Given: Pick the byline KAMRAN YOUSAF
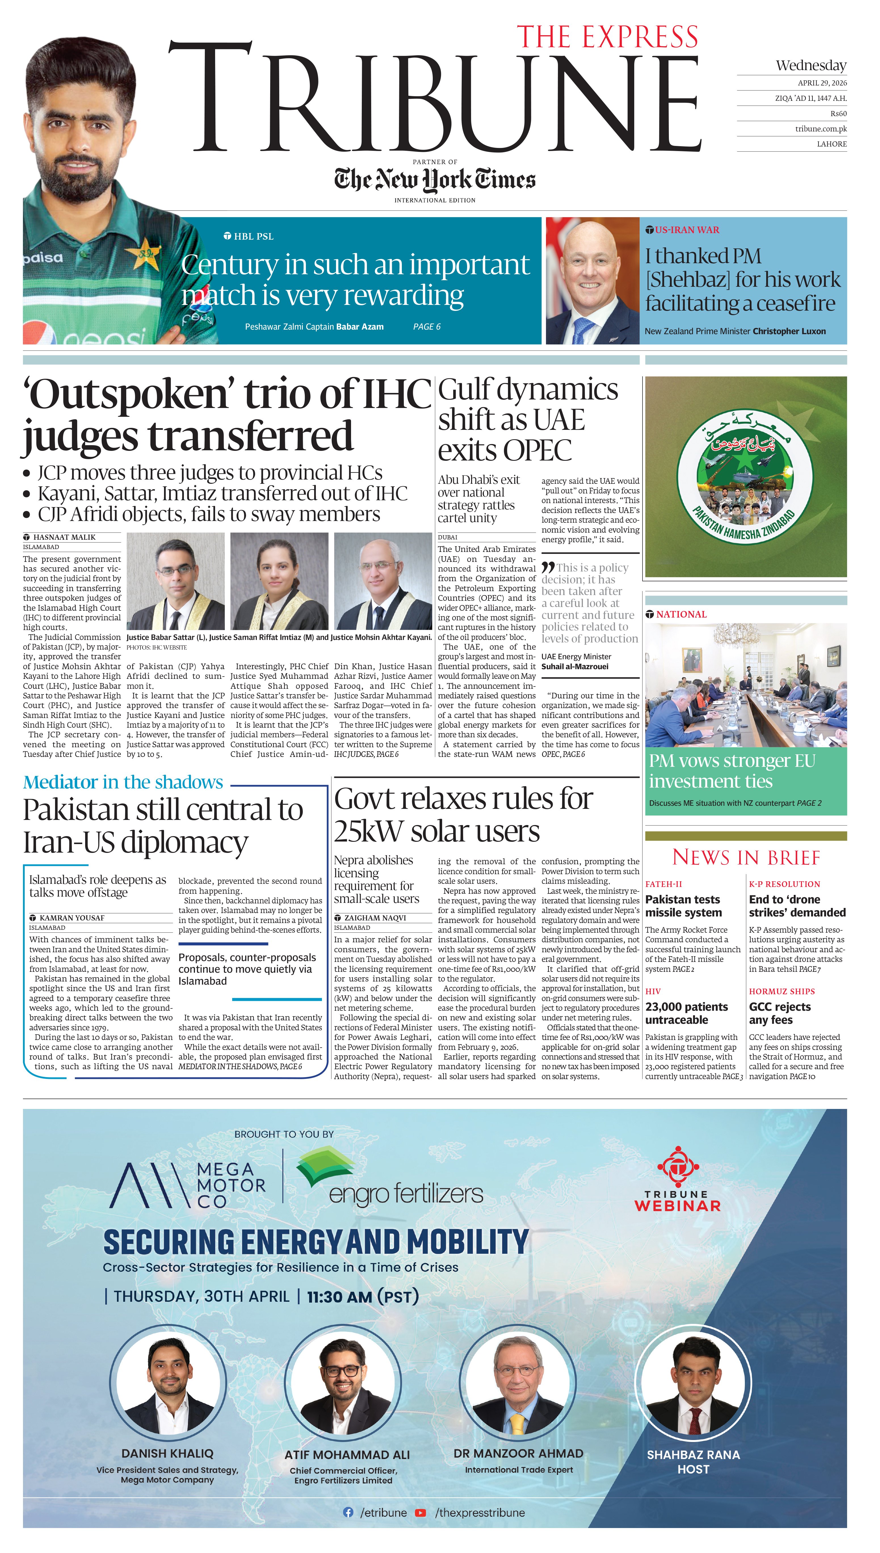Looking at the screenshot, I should [71, 918].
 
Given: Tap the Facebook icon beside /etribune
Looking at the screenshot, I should [348, 1512].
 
